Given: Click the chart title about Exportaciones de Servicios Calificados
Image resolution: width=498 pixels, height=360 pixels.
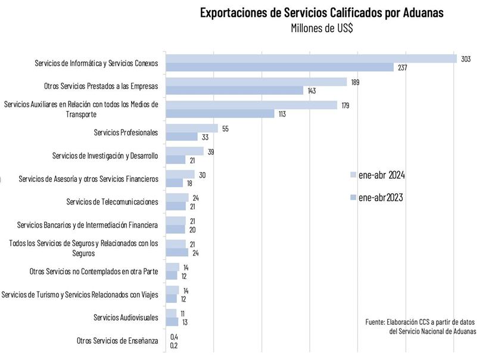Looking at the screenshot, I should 322,13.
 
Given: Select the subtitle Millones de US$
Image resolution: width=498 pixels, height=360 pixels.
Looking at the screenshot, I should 321,29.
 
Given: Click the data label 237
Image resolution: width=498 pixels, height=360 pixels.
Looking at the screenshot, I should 402,67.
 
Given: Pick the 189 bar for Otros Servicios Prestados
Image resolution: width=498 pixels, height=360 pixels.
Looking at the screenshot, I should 256,82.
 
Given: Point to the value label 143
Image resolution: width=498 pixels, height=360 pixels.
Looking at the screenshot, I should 312,91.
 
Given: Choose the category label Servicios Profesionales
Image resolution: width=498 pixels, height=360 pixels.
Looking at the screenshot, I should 126,132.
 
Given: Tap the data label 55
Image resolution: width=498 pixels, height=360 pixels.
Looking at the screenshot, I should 225,128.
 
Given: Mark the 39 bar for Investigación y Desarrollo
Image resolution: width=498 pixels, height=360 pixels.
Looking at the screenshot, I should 185,151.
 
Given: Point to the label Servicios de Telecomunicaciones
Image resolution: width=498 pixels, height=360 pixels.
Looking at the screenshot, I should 112,201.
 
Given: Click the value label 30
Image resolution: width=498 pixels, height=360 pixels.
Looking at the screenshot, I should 202,174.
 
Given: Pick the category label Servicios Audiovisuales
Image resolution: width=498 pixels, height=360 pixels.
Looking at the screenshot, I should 126,317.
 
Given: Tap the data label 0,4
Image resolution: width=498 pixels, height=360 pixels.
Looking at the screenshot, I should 174,337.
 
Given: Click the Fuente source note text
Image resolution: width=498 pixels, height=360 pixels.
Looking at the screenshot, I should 421,327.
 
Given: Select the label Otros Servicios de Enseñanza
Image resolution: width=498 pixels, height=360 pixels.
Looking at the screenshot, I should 117,340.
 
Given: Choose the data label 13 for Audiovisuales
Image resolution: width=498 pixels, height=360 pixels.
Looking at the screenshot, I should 185,322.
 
